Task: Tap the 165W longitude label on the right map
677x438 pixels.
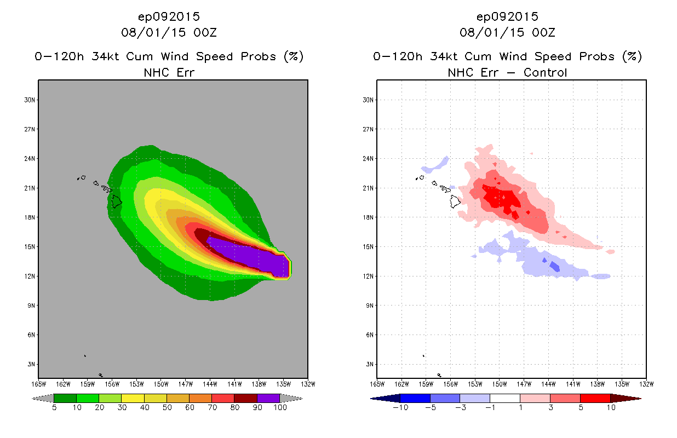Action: [377, 383]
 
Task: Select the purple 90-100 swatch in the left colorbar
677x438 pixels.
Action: [268, 398]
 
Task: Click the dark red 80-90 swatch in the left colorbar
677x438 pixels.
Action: [245, 398]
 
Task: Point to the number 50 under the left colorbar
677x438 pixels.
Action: [167, 408]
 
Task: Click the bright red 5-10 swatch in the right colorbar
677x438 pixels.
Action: [595, 398]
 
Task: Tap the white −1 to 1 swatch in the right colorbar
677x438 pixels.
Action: [505, 398]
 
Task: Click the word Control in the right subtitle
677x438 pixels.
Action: [546, 72]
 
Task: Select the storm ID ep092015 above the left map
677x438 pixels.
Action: [169, 17]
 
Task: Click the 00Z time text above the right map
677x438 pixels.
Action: [544, 33]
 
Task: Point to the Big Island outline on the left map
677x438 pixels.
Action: [116, 201]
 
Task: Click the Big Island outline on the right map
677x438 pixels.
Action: [455, 201]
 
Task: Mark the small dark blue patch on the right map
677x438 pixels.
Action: [554, 267]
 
